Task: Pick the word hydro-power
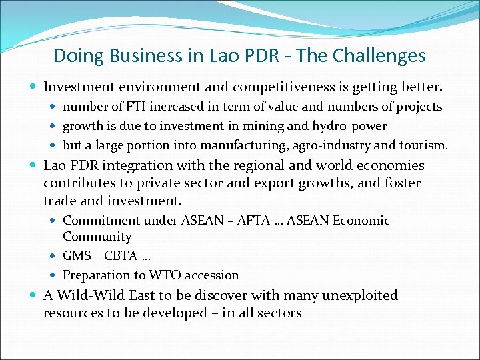[351, 126]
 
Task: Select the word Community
[97, 237]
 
